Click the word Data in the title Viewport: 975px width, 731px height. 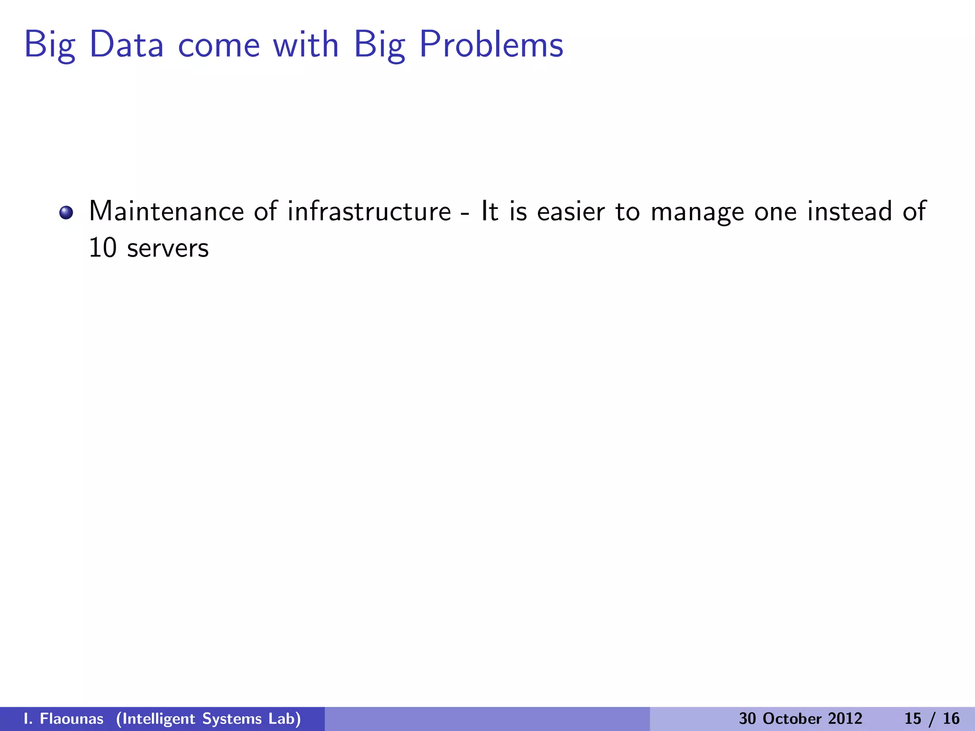pyautogui.click(x=126, y=45)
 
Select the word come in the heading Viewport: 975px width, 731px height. pyautogui.click(x=219, y=46)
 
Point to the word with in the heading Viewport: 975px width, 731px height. pyautogui.click(x=306, y=45)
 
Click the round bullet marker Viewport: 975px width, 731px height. pyautogui.click(x=66, y=212)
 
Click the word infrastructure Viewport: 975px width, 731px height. pyautogui.click(x=369, y=211)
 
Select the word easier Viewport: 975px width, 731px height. pyautogui.click(x=571, y=211)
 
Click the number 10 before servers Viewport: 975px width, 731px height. pyautogui.click(x=102, y=248)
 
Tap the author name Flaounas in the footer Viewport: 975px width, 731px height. pyautogui.click(x=71, y=719)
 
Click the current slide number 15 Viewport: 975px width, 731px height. pyautogui.click(x=913, y=719)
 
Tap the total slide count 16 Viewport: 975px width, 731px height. pyautogui.click(x=951, y=719)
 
